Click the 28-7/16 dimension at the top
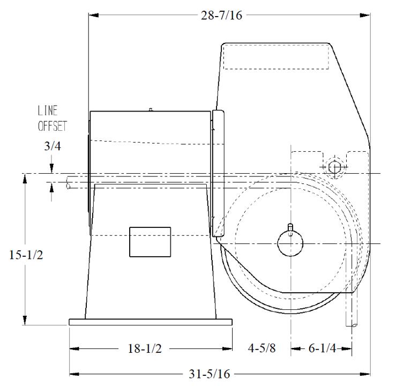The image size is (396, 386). click(x=221, y=16)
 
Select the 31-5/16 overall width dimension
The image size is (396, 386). click(x=210, y=374)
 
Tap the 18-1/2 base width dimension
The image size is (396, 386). click(x=145, y=348)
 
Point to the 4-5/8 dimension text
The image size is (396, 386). click(x=261, y=348)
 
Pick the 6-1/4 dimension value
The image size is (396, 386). click(x=322, y=348)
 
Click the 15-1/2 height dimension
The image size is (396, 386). click(x=26, y=255)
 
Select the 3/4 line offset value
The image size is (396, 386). click(x=53, y=146)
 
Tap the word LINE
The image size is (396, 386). click(x=48, y=110)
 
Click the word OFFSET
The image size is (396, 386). click(x=53, y=126)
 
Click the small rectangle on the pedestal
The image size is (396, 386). click(x=150, y=242)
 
